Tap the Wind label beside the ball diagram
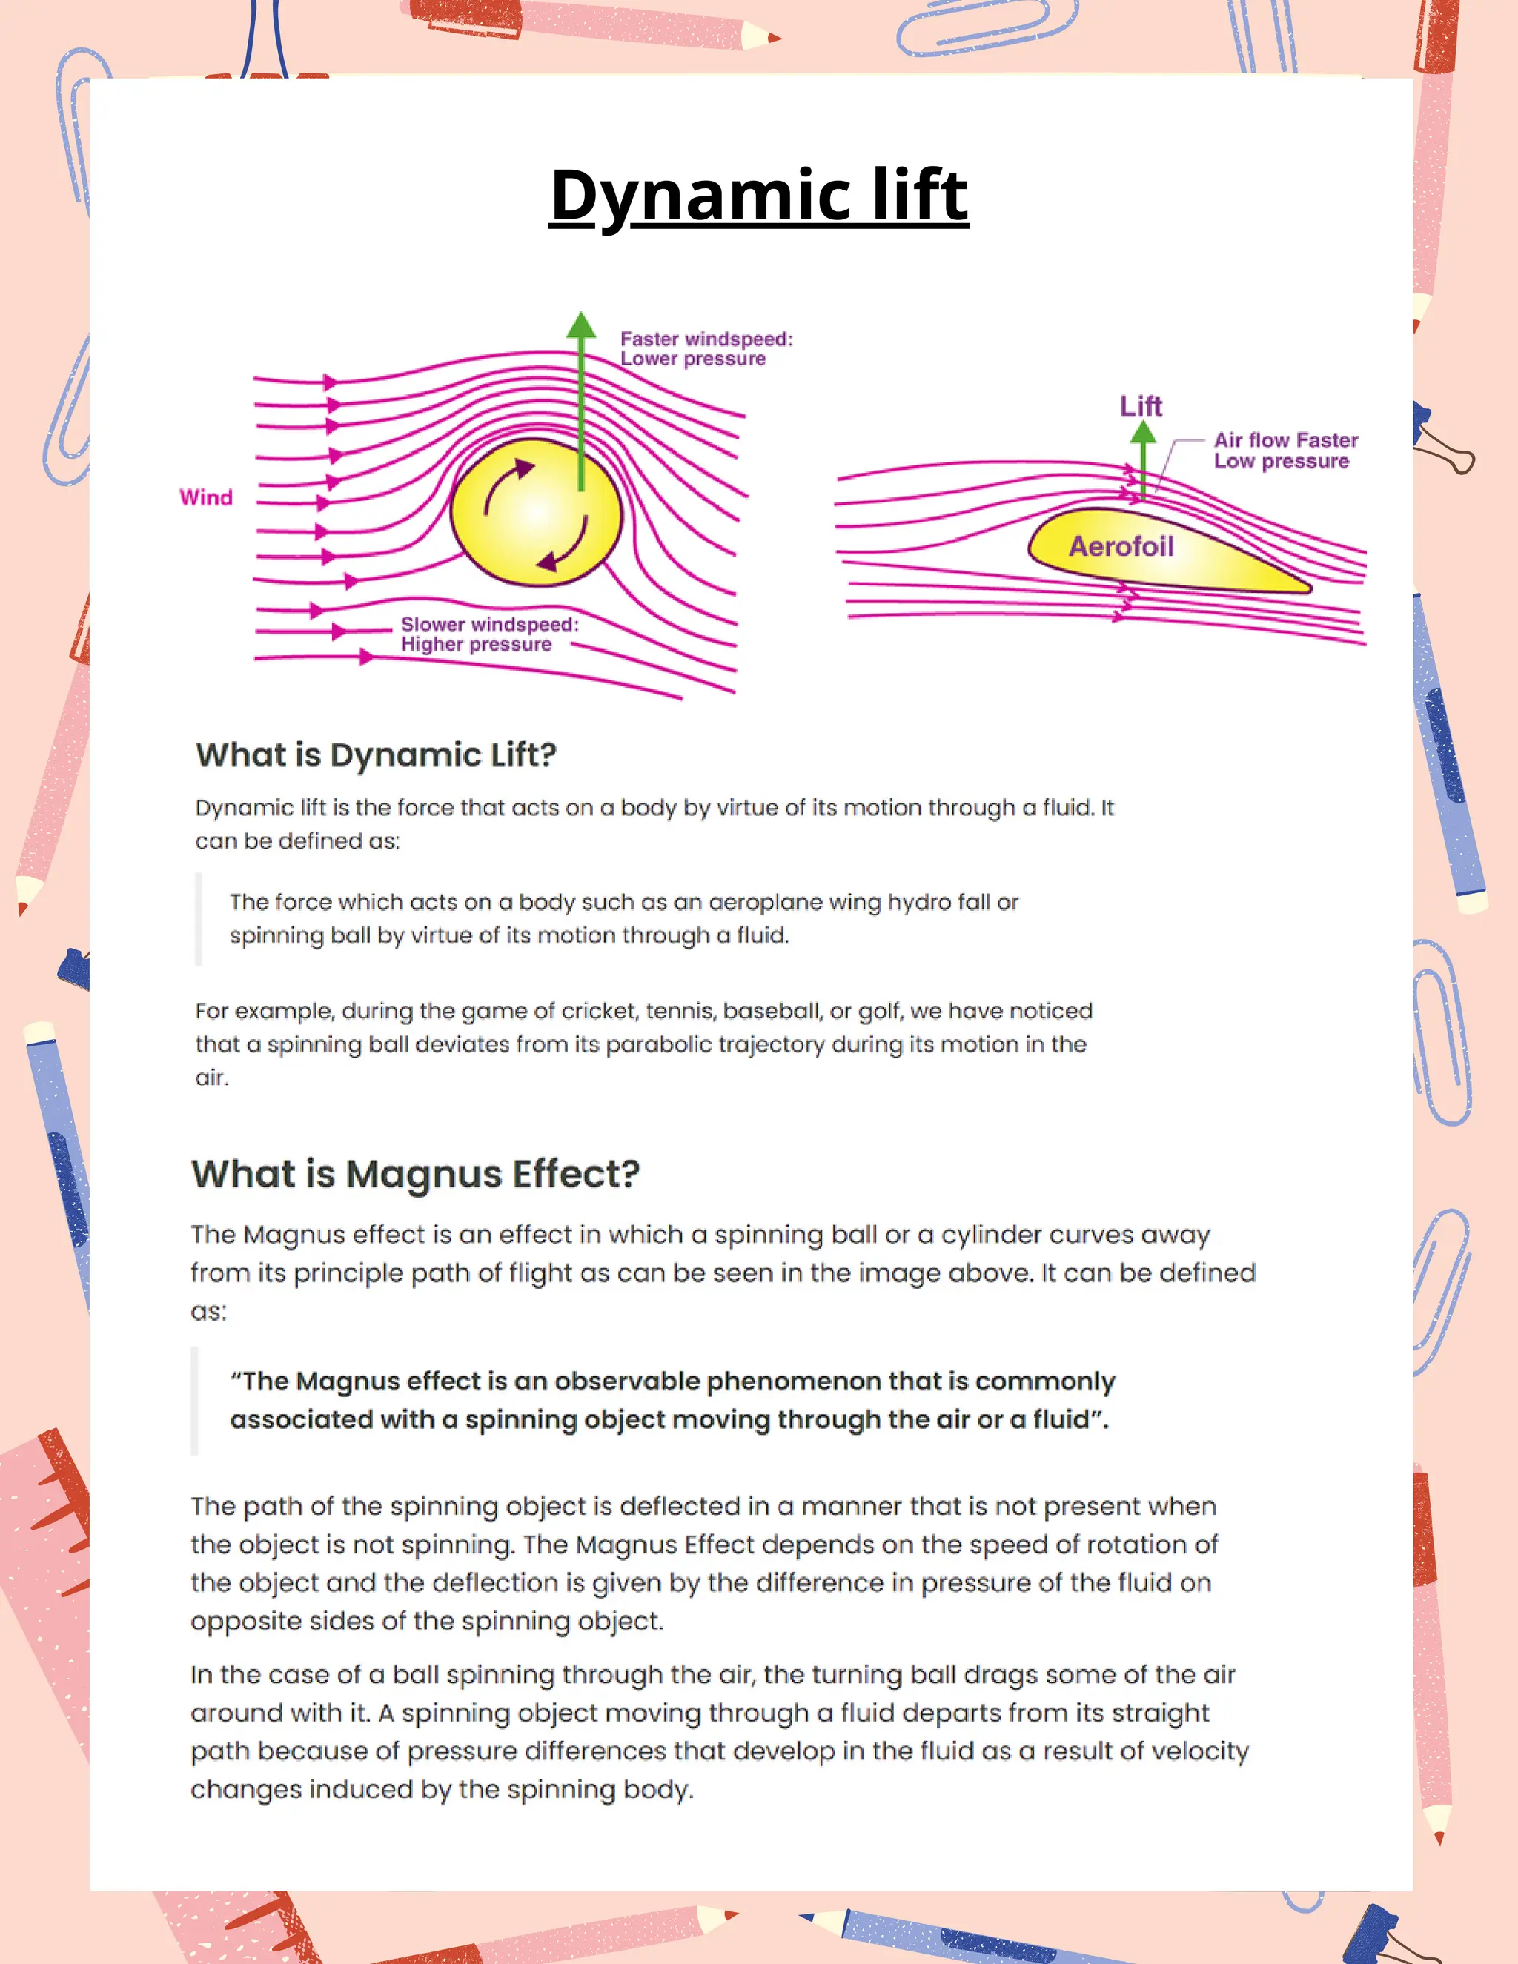(206, 497)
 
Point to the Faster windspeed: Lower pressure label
(706, 349)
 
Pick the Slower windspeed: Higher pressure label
(489, 634)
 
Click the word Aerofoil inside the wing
(1121, 546)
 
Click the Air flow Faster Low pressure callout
(1285, 451)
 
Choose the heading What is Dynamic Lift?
(376, 754)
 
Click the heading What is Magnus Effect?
(416, 1173)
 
